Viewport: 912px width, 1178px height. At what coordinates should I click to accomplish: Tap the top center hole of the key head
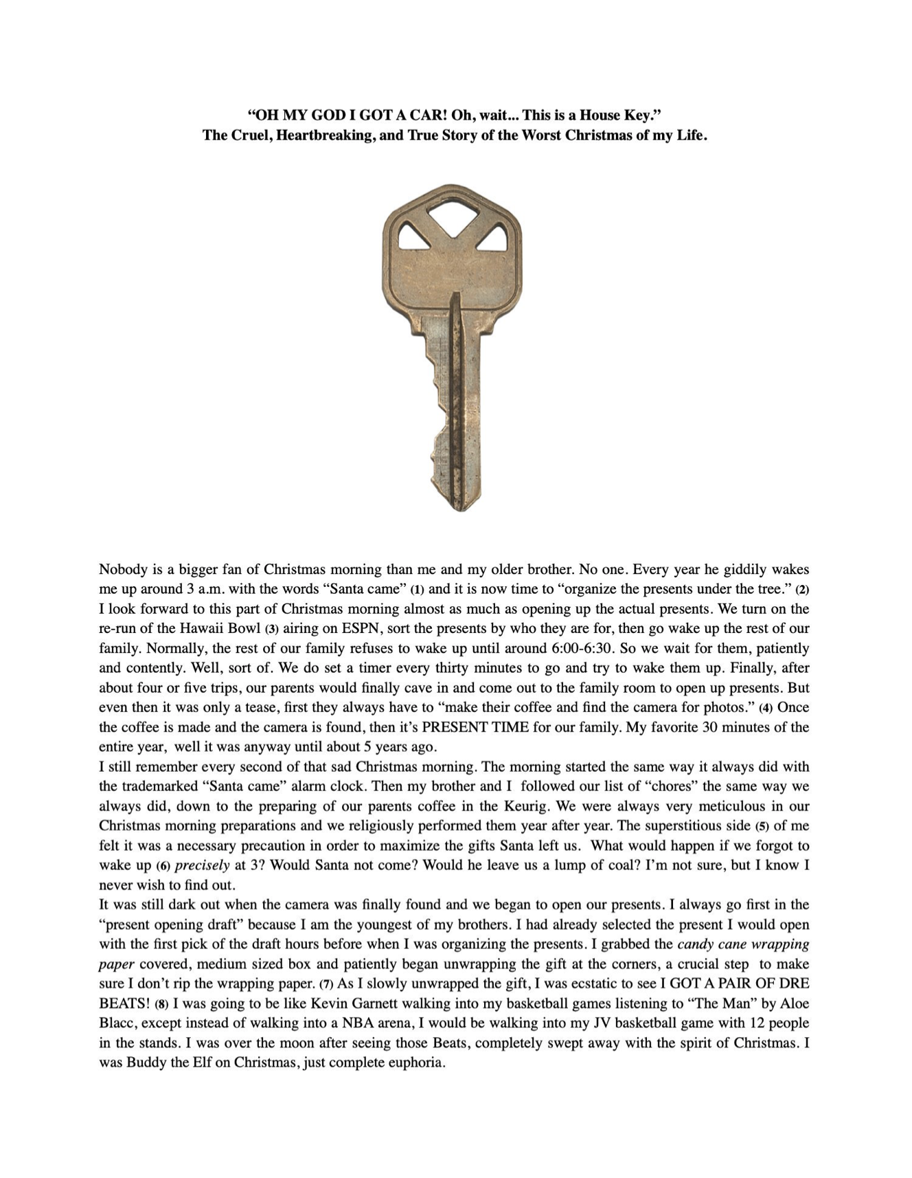click(451, 210)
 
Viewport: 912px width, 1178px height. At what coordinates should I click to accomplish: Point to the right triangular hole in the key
click(492, 238)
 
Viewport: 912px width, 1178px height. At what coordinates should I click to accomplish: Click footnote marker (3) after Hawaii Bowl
click(273, 629)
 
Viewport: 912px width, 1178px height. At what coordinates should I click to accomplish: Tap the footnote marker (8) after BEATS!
click(162, 1004)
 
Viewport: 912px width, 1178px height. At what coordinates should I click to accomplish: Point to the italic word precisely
click(202, 865)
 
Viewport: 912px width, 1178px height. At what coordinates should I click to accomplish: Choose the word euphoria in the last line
click(415, 1063)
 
